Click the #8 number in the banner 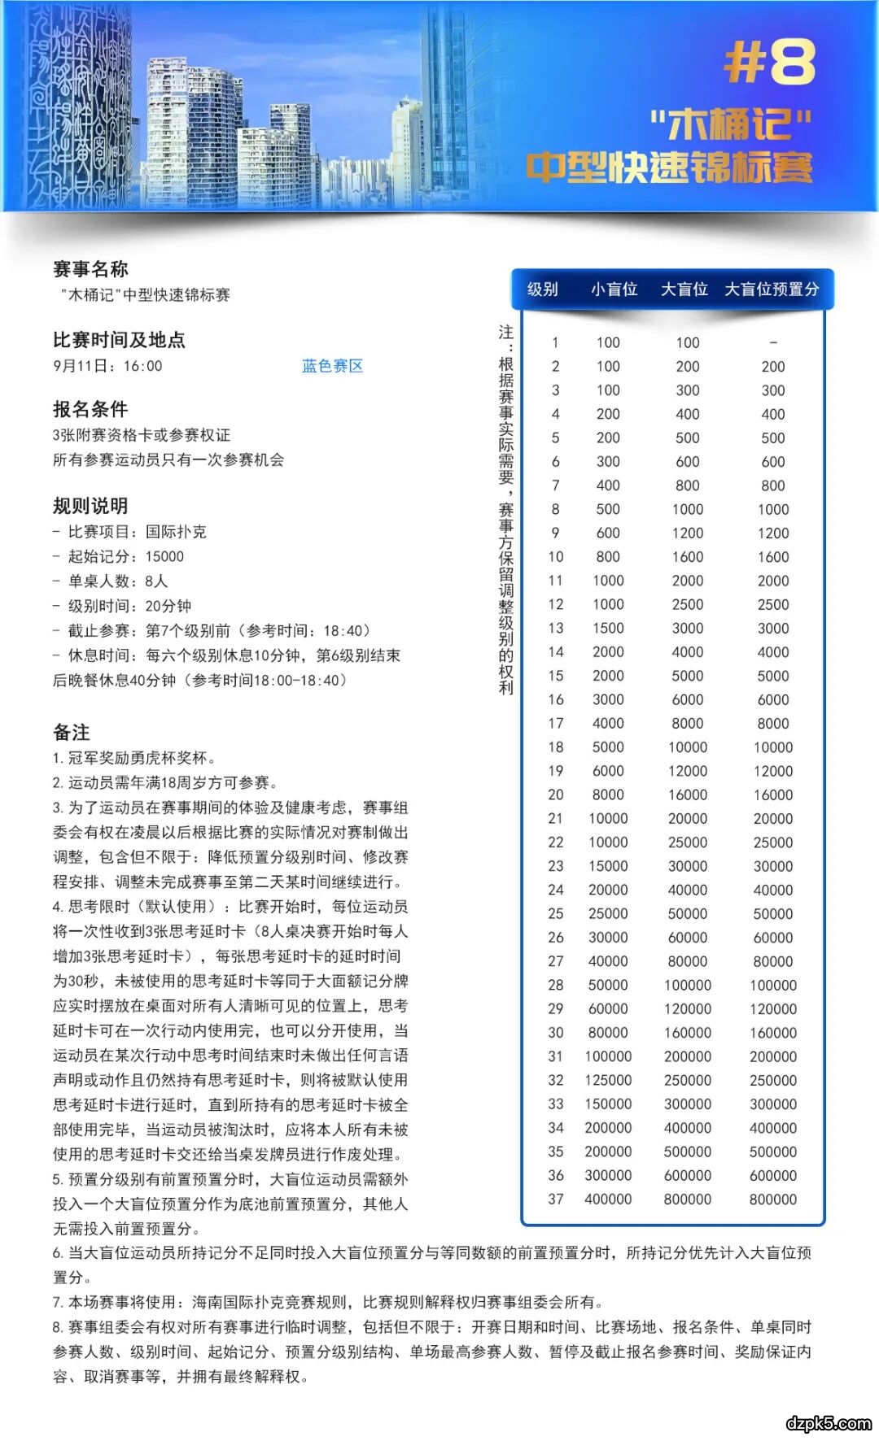click(x=769, y=63)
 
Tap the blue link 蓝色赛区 click(x=332, y=366)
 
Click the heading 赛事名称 click(x=90, y=269)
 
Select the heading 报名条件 click(x=90, y=409)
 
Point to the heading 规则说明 click(x=90, y=506)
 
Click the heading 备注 click(x=72, y=732)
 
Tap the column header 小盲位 click(x=614, y=290)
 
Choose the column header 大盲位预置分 click(x=772, y=290)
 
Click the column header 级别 click(x=543, y=290)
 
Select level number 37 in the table click(x=556, y=1199)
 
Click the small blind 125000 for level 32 click(x=608, y=1080)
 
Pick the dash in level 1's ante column click(x=773, y=342)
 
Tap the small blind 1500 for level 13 click(x=608, y=628)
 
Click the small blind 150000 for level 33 click(x=608, y=1104)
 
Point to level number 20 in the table click(x=556, y=795)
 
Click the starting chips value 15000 click(x=164, y=556)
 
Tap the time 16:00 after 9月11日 click(x=143, y=366)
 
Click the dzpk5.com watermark click(x=829, y=1423)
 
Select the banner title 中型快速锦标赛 click(x=669, y=168)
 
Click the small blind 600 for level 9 click(x=608, y=533)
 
